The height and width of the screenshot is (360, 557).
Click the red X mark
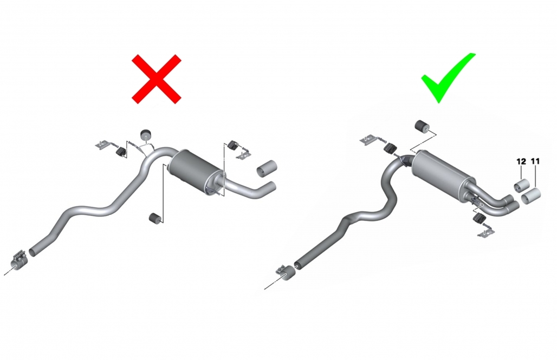[x=157, y=79]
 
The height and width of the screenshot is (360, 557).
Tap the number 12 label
[x=521, y=161]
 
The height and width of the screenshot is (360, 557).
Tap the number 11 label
[x=535, y=161]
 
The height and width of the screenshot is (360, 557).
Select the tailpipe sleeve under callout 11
[x=531, y=195]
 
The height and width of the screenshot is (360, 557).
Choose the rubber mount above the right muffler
[x=422, y=126]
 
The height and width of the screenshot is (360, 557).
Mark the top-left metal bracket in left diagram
[x=102, y=145]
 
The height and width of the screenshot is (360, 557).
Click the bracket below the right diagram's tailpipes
[x=487, y=232]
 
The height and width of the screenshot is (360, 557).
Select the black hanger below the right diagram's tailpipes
[x=480, y=218]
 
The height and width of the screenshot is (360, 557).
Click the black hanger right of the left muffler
[x=233, y=145]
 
